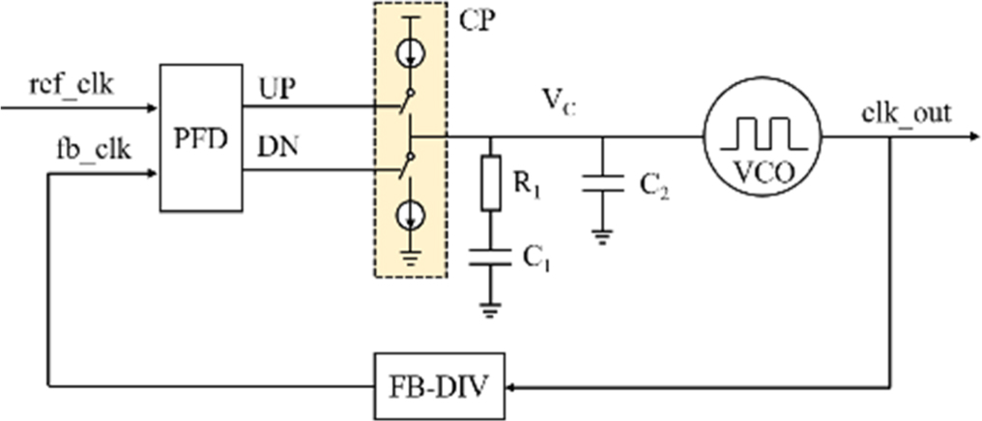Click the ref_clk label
(x=72, y=85)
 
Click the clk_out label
(x=905, y=112)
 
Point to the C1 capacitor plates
(x=490, y=256)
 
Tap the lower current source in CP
(x=410, y=215)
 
